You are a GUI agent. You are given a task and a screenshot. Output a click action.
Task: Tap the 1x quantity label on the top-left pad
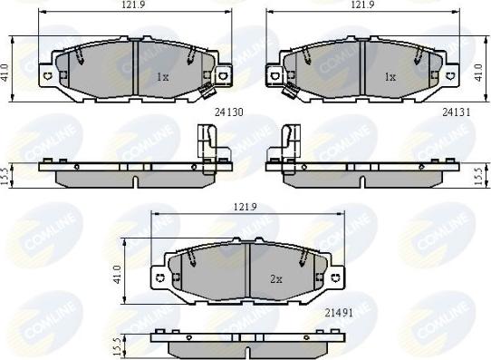click(x=163, y=78)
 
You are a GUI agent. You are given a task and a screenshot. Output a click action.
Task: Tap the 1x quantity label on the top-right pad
click(x=390, y=78)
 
